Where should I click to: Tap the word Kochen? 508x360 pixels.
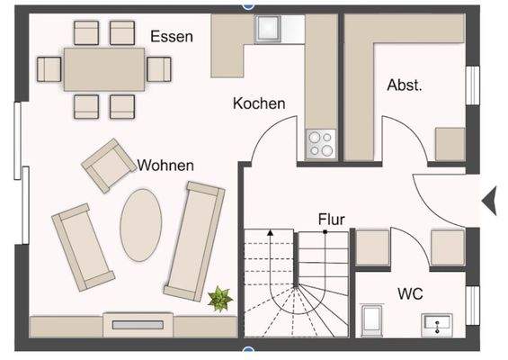(259, 103)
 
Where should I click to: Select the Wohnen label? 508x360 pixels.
(166, 166)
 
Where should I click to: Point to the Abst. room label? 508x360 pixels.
(405, 85)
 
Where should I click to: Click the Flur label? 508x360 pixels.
(332, 219)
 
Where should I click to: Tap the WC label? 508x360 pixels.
(412, 292)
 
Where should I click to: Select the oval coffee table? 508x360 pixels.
(141, 222)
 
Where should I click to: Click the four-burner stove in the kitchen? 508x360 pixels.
(321, 142)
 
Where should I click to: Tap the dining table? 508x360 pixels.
(105, 68)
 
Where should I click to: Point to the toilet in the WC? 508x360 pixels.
(370, 319)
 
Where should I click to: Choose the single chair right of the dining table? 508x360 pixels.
(159, 68)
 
